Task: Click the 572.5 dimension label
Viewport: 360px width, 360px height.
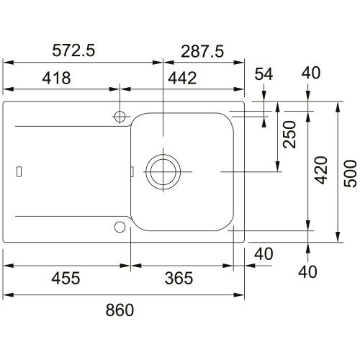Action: (73, 50)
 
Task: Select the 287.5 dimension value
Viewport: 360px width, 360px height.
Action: (202, 51)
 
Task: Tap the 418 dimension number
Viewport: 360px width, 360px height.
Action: (56, 78)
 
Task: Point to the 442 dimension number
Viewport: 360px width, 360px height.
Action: (182, 78)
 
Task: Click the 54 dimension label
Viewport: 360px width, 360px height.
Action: (264, 73)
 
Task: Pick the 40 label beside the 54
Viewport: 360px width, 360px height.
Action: (311, 73)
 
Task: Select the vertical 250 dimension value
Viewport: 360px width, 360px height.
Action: (289, 135)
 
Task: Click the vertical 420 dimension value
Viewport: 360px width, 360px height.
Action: (321, 170)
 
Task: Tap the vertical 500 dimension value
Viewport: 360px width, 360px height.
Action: (351, 174)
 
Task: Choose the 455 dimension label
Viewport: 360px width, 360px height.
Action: (66, 278)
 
